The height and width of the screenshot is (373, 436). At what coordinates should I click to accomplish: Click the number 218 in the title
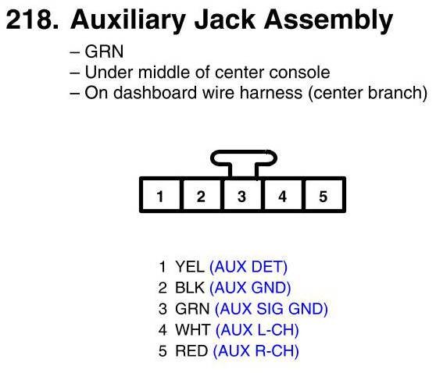click(32, 20)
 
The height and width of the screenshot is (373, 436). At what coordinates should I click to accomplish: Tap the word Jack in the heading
click(225, 20)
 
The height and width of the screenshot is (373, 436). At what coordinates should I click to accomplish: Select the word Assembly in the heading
click(328, 21)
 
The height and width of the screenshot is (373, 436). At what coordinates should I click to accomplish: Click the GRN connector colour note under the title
click(104, 52)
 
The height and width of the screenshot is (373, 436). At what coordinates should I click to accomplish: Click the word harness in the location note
click(271, 93)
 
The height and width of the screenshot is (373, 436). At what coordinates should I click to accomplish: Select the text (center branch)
click(367, 93)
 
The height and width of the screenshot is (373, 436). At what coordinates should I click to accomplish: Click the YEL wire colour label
click(190, 267)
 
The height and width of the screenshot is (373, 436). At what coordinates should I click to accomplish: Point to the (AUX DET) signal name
click(248, 267)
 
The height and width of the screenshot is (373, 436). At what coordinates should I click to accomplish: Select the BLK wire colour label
click(190, 288)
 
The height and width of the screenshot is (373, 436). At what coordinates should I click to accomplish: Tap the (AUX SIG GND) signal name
click(271, 309)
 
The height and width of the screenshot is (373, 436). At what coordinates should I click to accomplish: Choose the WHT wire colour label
click(192, 330)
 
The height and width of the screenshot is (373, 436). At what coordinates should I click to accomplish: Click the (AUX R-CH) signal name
click(256, 351)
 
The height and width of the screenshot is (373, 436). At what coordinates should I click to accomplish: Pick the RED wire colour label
click(191, 351)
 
